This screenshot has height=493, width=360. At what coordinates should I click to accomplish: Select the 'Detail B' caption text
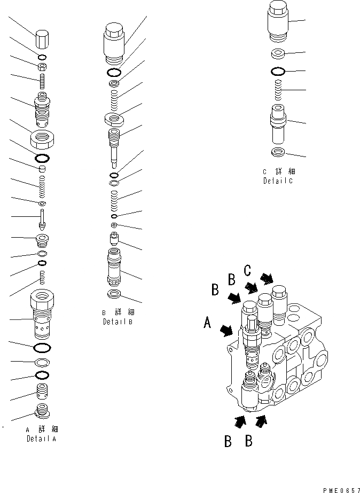[118, 318]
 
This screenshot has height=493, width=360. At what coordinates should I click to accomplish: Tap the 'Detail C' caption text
[278, 176]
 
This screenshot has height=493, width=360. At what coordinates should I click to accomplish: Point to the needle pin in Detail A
[42, 218]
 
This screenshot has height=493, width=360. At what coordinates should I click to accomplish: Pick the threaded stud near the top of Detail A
[42, 82]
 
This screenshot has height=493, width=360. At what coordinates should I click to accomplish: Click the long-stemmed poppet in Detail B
[114, 147]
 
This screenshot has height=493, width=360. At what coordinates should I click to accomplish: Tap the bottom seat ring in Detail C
[278, 154]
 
